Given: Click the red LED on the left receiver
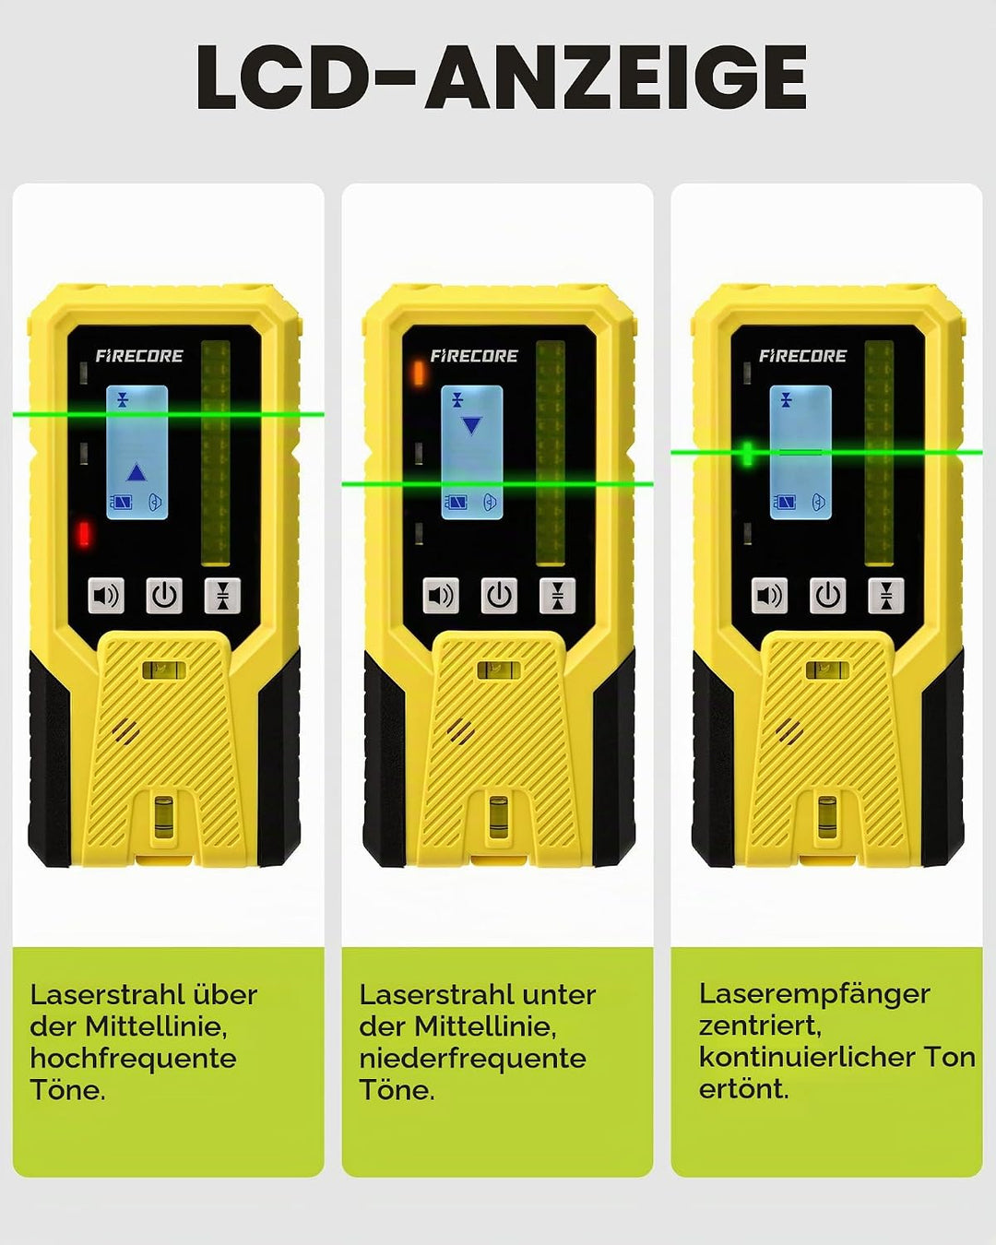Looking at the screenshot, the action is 85,533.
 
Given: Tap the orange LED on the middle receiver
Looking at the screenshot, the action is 419,373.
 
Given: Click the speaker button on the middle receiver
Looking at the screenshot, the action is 441,596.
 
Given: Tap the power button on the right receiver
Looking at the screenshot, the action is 827,596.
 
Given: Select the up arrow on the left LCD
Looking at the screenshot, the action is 136,472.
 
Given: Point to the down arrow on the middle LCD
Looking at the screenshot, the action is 471,426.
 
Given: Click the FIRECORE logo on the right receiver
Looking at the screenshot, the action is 802,356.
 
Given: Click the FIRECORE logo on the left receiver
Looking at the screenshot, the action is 139,356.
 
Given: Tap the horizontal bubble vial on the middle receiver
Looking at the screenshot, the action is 498,670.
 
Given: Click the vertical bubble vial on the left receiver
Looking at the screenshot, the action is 164,817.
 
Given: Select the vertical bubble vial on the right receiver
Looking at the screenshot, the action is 827,817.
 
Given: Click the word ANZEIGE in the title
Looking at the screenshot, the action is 616,77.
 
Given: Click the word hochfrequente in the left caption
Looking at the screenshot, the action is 133,1059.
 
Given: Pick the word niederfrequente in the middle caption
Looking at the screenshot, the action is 472,1059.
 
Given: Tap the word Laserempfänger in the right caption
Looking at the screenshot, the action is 814,995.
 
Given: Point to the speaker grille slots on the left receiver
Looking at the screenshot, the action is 125,732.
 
